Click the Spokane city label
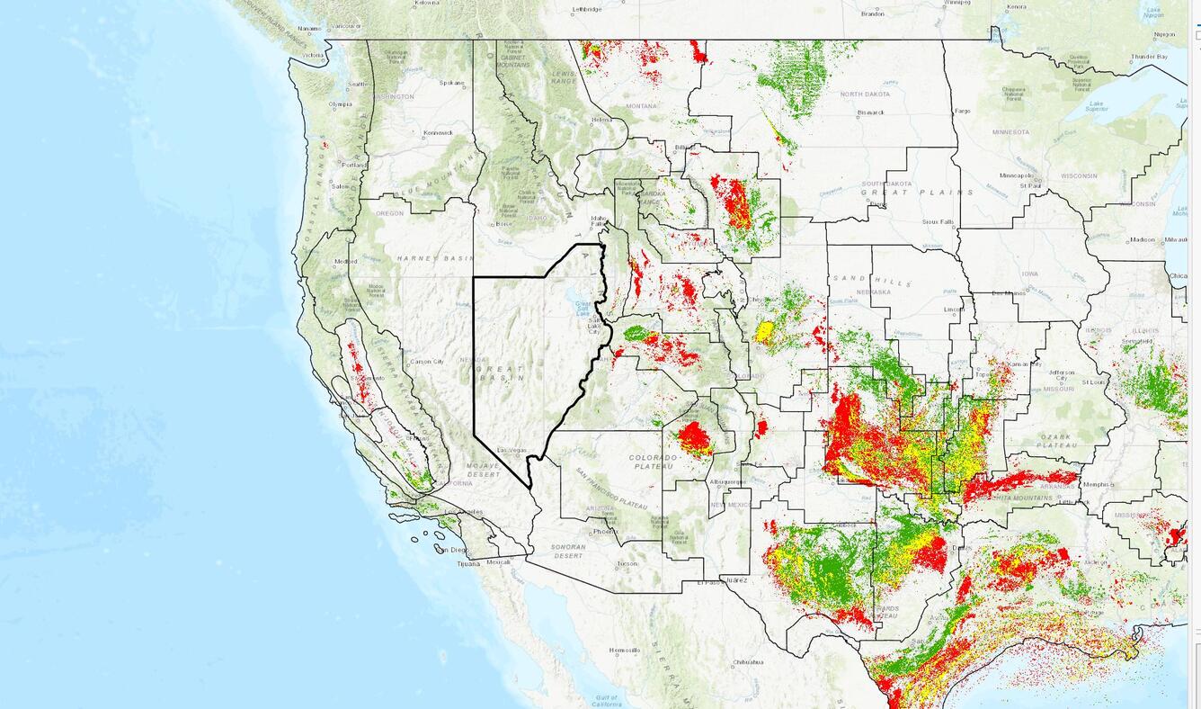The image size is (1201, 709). (452, 83)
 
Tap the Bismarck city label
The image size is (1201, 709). (870, 112)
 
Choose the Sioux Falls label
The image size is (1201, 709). (936, 221)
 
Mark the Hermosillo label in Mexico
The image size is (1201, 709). (624, 650)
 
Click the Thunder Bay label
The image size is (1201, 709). (1148, 57)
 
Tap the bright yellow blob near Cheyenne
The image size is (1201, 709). (765, 332)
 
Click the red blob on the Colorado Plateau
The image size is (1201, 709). (694, 439)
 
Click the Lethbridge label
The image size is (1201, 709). (586, 10)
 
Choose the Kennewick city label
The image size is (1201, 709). (439, 132)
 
